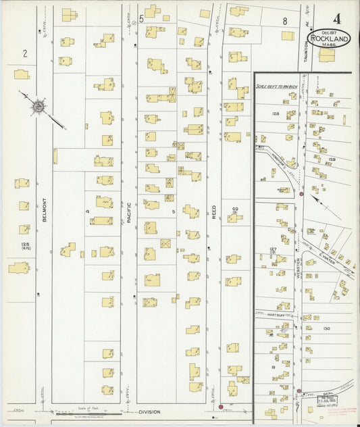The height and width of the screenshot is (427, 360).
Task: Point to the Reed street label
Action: pyautogui.click(x=214, y=210)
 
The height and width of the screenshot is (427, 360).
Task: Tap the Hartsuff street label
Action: pyautogui.click(x=266, y=313)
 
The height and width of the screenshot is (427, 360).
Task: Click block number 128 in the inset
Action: pyautogui.click(x=275, y=114)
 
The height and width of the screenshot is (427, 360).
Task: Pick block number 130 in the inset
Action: pyautogui.click(x=326, y=328)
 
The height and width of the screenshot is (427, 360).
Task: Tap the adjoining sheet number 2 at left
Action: pyautogui.click(x=24, y=53)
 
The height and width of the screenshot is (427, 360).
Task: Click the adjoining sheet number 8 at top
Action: pyautogui.click(x=285, y=21)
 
